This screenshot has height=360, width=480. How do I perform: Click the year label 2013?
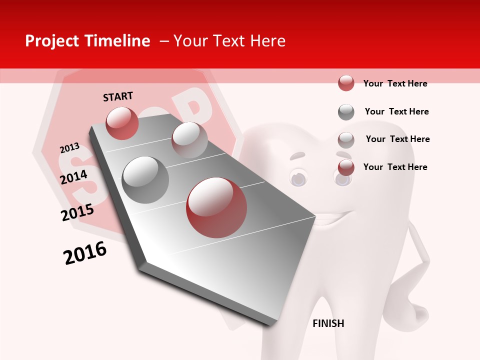coord(69,148)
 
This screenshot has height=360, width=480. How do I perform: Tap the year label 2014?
coord(73,177)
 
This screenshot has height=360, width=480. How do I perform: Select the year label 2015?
coord(77,212)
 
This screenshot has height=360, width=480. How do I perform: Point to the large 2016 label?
coord(85,252)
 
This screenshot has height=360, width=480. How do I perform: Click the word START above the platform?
coord(118,96)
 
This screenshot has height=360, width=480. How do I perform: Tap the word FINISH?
coord(328,323)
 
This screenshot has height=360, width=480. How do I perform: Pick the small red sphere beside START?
coord(122,123)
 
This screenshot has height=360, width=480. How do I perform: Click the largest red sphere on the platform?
coord(216,207)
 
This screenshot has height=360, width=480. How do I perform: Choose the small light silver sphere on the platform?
coord(189,140)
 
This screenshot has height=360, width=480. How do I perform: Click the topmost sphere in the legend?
coord(346,83)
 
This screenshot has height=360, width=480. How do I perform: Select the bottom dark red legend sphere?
coord(346,167)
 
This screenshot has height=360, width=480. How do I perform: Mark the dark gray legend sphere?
coord(346,112)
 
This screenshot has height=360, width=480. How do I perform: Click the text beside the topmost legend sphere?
coord(395,83)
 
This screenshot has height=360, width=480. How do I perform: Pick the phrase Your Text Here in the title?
coord(229,41)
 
